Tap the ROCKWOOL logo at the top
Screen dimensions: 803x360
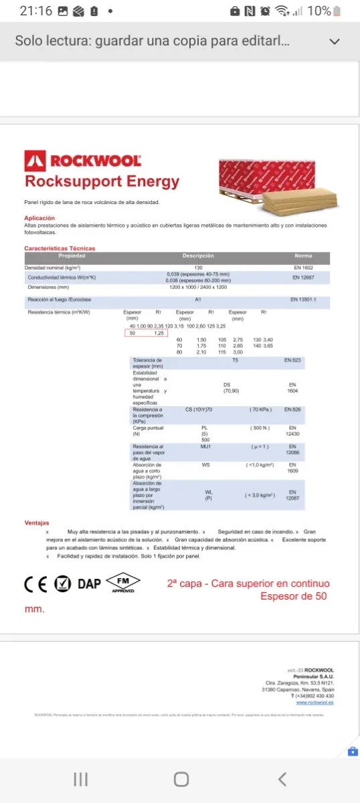[x=82, y=161]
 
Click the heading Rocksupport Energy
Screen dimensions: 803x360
[x=102, y=181]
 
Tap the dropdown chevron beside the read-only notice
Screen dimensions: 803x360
[x=335, y=41]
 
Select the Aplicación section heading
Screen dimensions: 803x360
[x=39, y=218]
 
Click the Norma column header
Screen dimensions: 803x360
[x=303, y=256]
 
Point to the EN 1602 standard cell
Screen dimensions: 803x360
[x=303, y=267]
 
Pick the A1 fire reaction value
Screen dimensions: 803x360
[x=198, y=299]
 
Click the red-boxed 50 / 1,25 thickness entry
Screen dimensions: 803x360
[x=146, y=333]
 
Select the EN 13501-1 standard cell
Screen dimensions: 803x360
[x=303, y=299]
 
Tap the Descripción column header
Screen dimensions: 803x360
[x=198, y=256]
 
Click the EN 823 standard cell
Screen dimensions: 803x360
[x=292, y=360]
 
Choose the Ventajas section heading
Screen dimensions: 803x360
[x=37, y=523]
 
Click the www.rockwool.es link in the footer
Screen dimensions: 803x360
[x=315, y=702]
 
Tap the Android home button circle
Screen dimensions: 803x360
[x=181, y=779]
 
